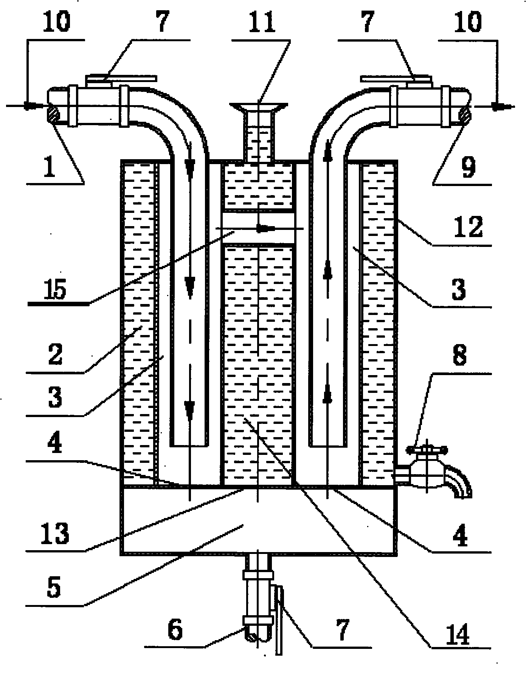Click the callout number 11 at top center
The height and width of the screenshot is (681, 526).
[x=264, y=22]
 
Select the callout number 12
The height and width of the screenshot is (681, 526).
[x=470, y=227]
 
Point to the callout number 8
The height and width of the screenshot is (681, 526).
[x=459, y=355]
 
